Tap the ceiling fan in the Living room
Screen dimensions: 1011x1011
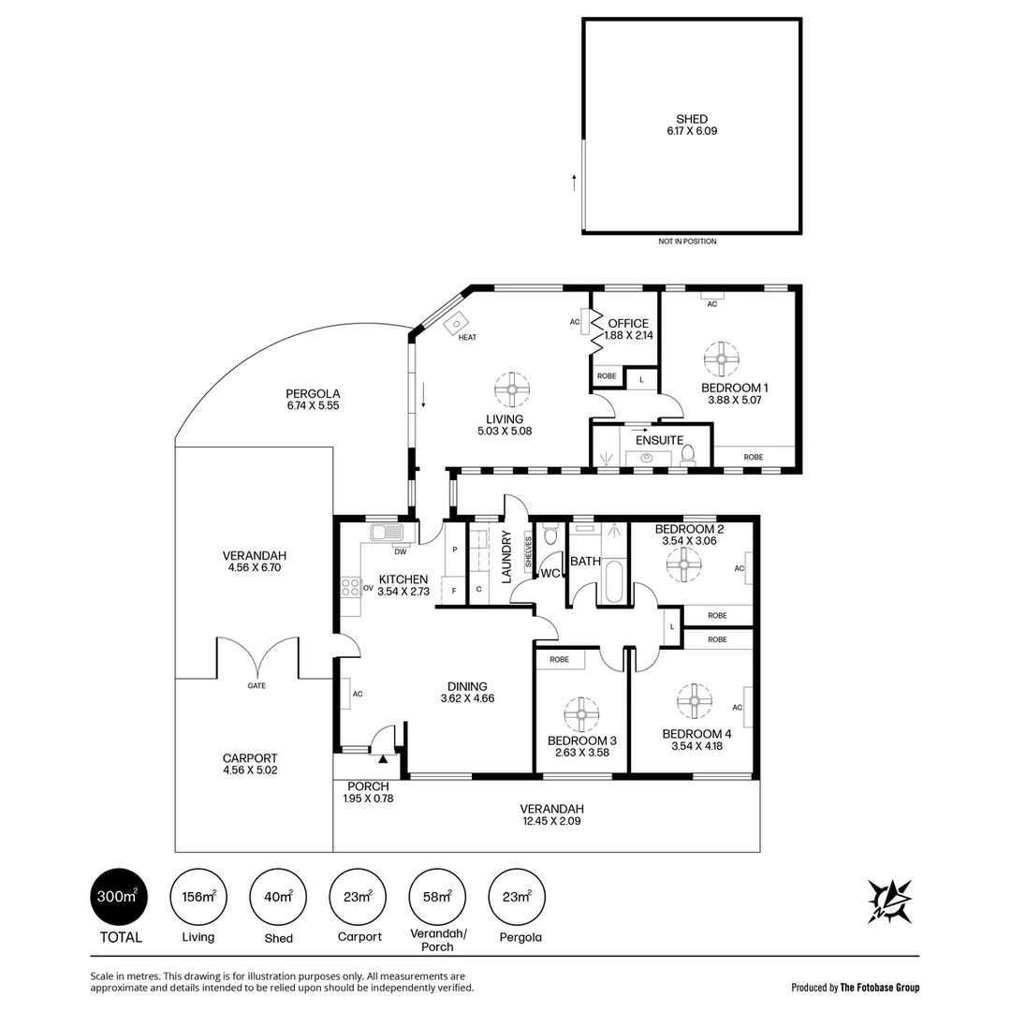coord(512,388)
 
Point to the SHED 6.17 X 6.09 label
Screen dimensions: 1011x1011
coord(692,125)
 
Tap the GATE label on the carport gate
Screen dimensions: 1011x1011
coord(256,685)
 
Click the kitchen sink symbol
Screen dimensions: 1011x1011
coord(387,534)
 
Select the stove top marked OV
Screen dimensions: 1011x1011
coord(351,588)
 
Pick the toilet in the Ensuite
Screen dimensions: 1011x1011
coord(688,454)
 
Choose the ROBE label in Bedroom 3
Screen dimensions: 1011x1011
coord(559,660)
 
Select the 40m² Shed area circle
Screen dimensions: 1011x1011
coord(278,897)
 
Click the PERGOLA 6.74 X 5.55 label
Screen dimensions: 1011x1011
coord(314,400)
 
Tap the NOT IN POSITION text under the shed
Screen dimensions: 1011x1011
coord(687,242)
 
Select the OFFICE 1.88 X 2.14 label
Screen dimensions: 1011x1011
coord(627,330)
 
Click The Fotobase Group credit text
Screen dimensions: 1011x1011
coord(855,987)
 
